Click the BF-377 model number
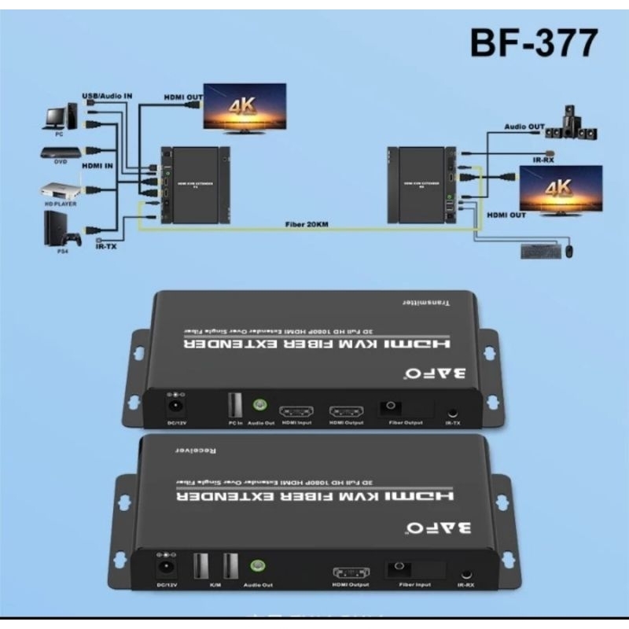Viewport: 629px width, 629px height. [x=532, y=43]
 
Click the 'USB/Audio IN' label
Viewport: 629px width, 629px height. [x=107, y=95]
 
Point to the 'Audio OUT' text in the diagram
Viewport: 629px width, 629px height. [x=524, y=126]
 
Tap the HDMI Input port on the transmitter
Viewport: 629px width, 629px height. [x=297, y=411]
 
